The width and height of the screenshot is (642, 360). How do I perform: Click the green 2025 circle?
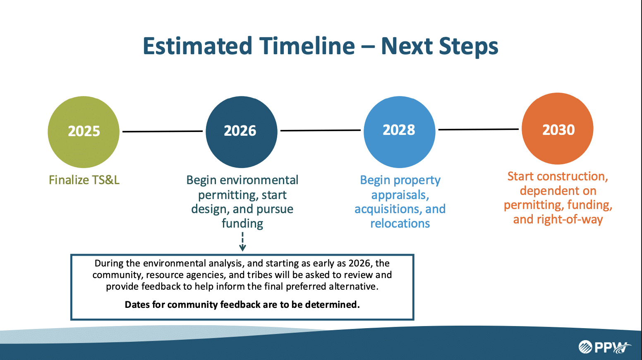[x=84, y=132]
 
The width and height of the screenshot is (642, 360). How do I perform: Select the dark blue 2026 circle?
[x=241, y=132]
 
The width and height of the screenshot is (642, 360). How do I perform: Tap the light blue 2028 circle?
[x=400, y=132]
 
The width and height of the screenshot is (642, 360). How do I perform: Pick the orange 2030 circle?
[x=558, y=128]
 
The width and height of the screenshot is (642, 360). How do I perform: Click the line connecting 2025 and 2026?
[x=163, y=131]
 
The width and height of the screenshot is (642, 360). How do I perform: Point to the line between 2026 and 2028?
[x=321, y=130]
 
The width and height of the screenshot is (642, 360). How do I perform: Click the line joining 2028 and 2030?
[x=479, y=130]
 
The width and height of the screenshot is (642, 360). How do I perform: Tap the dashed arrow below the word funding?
[x=242, y=242]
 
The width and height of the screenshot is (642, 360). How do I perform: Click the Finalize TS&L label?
[x=84, y=180]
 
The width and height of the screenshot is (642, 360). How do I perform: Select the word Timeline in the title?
[x=307, y=46]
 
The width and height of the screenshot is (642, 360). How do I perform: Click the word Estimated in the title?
[x=197, y=46]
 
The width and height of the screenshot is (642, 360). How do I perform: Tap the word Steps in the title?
[x=469, y=47]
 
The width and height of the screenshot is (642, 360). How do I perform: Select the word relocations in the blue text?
[x=400, y=223]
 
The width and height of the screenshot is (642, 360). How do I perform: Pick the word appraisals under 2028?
[x=400, y=195]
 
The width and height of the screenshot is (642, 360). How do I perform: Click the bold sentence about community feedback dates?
[x=242, y=305]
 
